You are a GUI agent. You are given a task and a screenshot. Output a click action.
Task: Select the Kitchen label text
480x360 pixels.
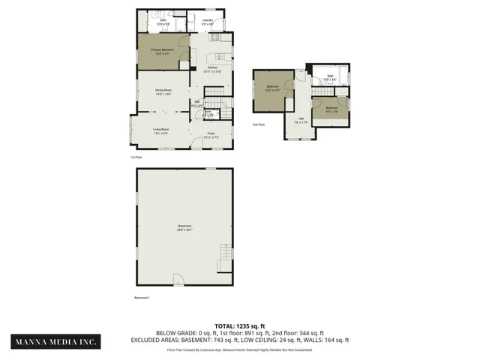click(213, 70)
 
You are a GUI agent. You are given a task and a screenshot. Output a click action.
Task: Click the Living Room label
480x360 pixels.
click(161, 131)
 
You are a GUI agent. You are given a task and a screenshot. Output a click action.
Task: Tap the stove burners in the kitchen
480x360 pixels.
click(215, 37)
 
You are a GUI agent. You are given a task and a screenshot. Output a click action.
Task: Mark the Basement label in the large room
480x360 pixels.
click(184, 227)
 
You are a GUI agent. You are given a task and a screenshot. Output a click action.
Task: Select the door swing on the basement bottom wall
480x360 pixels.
click(178, 279)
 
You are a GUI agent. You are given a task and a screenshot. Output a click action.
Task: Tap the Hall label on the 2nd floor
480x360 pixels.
click(301, 120)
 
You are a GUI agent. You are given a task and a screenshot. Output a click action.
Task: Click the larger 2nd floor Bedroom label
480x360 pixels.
click(272, 88)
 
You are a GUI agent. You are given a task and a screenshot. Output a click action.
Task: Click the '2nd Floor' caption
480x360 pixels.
click(259, 124)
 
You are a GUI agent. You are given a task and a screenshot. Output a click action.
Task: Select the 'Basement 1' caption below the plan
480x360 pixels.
click(142, 298)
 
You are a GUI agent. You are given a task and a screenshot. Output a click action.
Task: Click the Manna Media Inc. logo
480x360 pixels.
click(56, 341)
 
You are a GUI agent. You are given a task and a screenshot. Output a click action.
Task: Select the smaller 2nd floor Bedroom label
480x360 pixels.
click(332, 109)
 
